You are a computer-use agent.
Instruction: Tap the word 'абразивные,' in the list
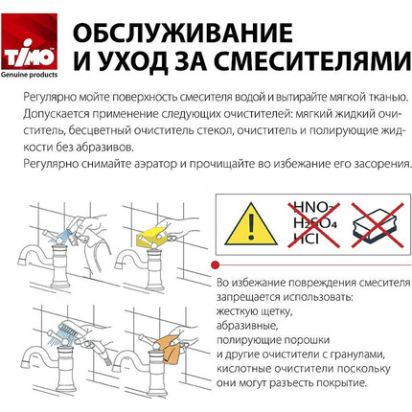click(244, 325)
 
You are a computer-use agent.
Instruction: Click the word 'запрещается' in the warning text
click(248, 297)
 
